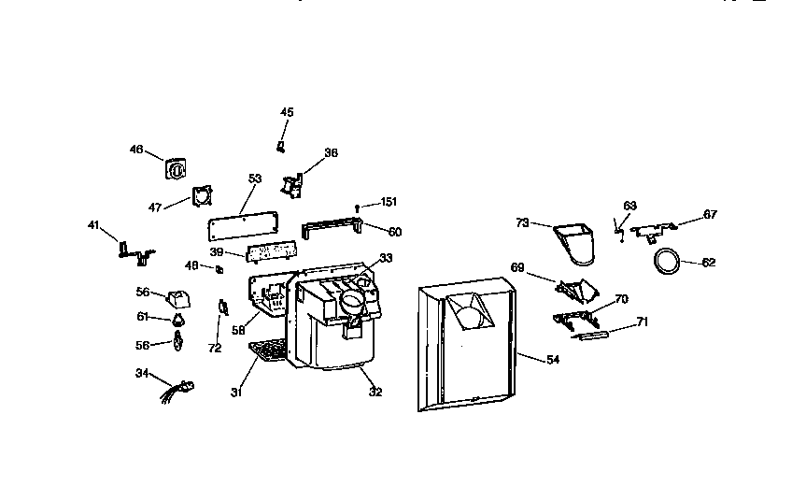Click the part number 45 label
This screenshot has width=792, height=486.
(287, 112)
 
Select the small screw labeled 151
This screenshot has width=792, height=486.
(358, 207)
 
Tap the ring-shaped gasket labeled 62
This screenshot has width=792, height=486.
(666, 263)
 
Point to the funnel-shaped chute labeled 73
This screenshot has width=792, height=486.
(575, 239)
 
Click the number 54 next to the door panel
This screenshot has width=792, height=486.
(554, 360)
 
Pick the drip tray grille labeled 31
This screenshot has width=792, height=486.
(270, 352)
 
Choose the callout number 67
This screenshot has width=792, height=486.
(710, 215)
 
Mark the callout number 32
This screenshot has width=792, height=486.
(375, 392)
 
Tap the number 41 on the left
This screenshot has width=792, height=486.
(92, 224)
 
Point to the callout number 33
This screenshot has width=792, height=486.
(386, 258)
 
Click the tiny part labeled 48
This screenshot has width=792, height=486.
(219, 270)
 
